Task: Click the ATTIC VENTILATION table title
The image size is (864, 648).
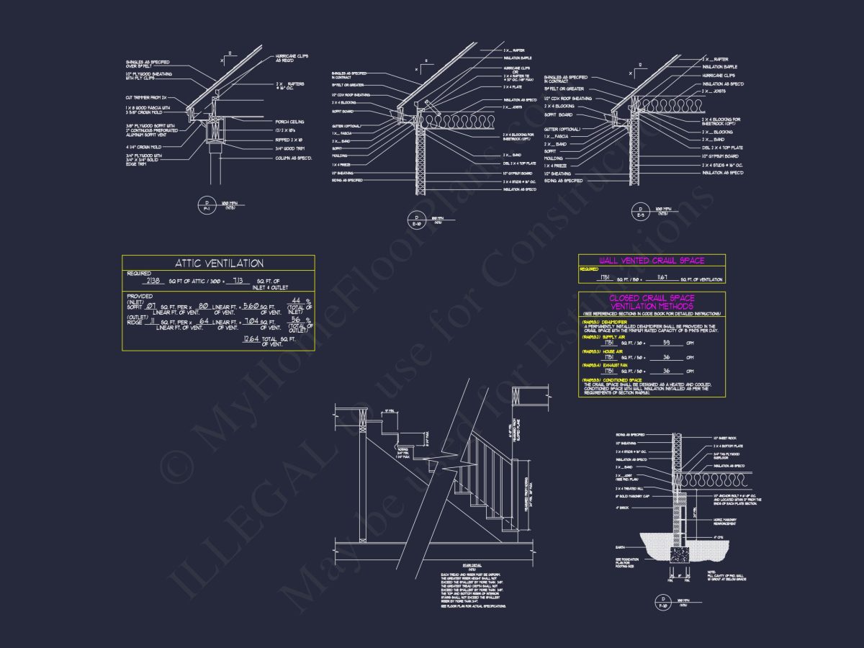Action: coord(219,264)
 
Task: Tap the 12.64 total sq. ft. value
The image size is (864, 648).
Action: coord(251,338)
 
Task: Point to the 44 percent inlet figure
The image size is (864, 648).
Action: coord(296,301)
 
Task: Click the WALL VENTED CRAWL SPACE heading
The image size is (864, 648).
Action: coord(652,260)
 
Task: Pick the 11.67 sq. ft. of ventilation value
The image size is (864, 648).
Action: coord(662,277)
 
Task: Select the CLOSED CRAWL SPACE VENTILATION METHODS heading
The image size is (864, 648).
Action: coord(652,302)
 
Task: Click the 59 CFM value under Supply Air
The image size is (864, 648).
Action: coord(665,343)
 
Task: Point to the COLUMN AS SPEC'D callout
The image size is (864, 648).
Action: coord(292,158)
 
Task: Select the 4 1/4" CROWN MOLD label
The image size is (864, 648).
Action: coord(143,147)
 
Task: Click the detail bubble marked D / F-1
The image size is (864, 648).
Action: coord(207,207)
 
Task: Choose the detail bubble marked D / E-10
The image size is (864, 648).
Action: coord(416,219)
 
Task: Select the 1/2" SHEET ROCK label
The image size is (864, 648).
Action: coord(724,438)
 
